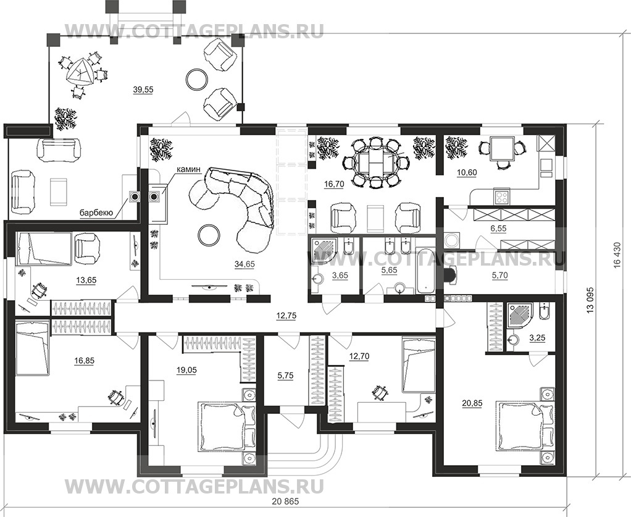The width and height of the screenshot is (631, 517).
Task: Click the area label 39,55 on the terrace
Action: [143, 90]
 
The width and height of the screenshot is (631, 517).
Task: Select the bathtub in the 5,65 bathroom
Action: [425, 271]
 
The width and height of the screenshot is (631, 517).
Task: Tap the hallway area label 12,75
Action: [286, 315]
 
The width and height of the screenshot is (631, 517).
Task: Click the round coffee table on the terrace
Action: [198, 78]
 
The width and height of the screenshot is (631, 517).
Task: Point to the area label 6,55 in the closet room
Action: [497, 229]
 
